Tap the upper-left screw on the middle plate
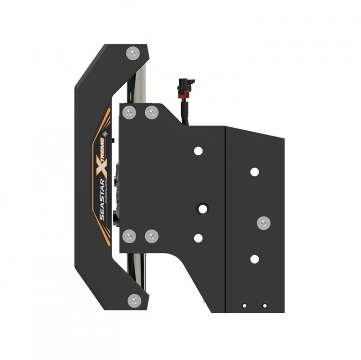[x=129, y=113]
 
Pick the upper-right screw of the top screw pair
[x=152, y=113]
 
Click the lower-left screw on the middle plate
[x=129, y=236]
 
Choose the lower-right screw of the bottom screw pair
[x=152, y=236]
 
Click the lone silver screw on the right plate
[x=264, y=223]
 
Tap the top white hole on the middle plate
[x=198, y=151]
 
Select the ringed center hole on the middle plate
[x=202, y=208]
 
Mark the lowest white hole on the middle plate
[x=198, y=238]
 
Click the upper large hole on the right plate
[x=255, y=172]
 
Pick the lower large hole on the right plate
[x=255, y=259]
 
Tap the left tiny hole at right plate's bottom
[x=245, y=306]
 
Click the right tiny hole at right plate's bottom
[x=264, y=306]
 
